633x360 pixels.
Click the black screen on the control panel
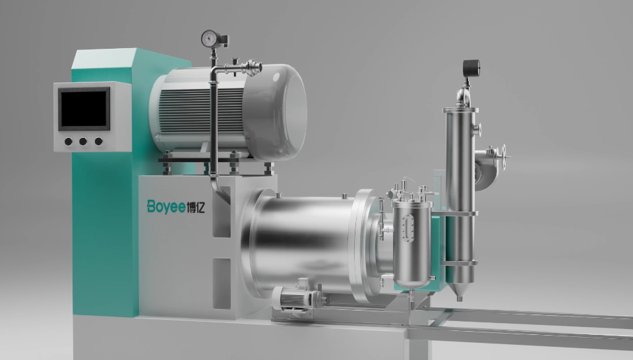84,108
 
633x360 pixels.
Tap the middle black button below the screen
83,141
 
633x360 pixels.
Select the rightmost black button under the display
98,141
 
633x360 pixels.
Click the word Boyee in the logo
166,206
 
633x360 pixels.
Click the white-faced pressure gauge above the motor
210,39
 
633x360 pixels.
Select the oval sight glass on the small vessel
409,228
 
